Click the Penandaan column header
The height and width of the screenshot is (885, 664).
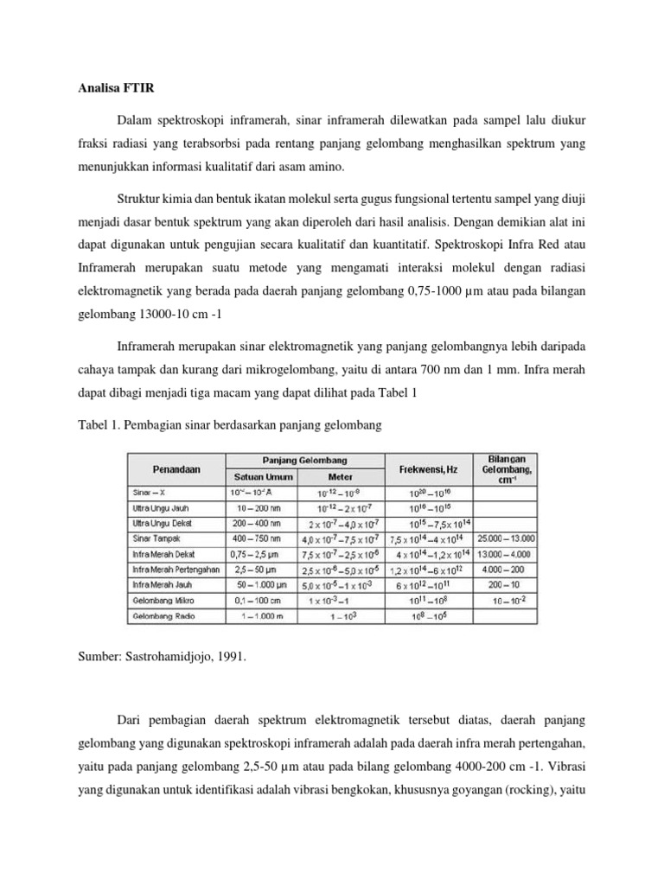pos(176,469)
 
